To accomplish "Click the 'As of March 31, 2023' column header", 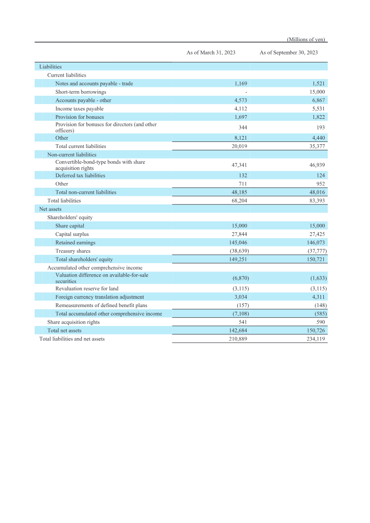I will [211, 53].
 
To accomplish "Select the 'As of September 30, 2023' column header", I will [289, 53].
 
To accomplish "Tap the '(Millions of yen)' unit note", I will [307, 39].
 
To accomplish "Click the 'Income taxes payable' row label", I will [79, 109].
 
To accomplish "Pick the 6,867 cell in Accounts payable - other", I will [318, 100].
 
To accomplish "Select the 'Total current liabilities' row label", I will [80, 146].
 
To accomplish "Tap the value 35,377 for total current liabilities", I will [316, 146].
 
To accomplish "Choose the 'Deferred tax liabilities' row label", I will [80, 176].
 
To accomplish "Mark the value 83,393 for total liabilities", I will [316, 201].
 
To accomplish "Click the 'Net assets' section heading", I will [50, 209].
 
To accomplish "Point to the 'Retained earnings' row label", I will [75, 242].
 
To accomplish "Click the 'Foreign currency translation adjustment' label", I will [99, 297].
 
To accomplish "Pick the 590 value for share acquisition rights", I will [321, 322].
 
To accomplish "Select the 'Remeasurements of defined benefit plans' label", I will [101, 305].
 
